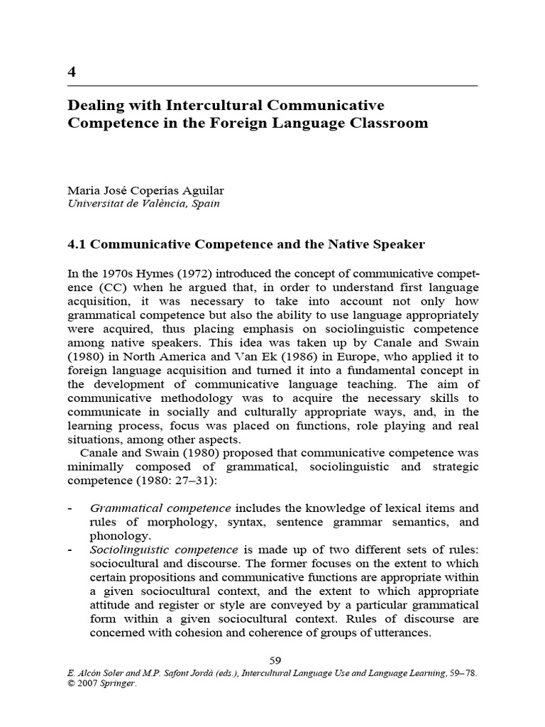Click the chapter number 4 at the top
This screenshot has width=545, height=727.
71,72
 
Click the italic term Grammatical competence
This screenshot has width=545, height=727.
160,508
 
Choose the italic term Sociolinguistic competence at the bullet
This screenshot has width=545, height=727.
164,550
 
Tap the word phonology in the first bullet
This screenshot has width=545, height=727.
120,535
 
